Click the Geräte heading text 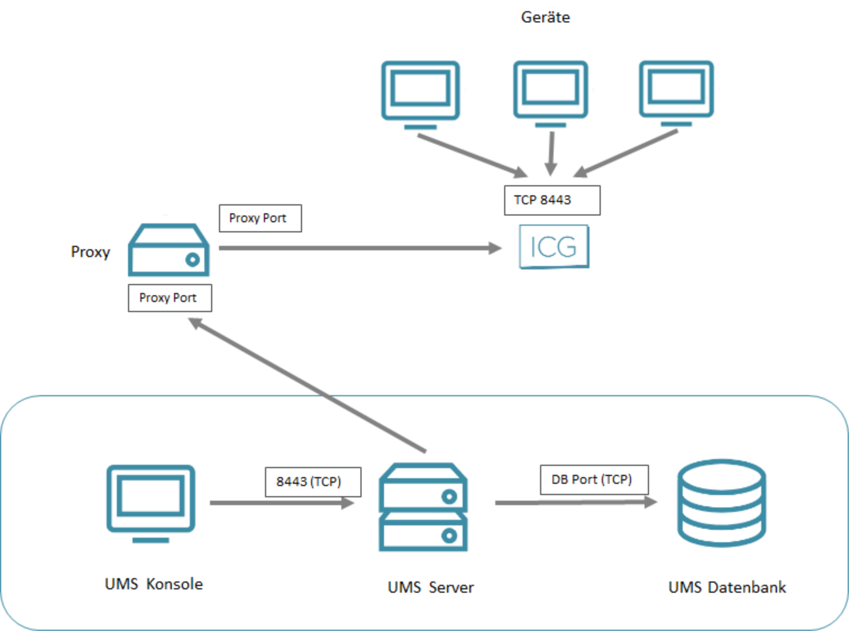(545, 17)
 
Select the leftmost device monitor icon (421, 93)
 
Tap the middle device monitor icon (550, 91)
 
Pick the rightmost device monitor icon (676, 91)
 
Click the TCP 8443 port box (552, 200)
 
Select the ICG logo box (554, 247)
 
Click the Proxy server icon (168, 251)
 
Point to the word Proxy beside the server (90, 252)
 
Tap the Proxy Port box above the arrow (260, 218)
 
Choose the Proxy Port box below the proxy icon (170, 298)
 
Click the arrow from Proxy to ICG (359, 248)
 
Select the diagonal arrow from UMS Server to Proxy (309, 386)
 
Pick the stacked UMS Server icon (423, 507)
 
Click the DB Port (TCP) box (594, 480)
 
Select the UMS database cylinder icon (721, 503)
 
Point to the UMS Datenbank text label (726, 588)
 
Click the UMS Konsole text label (154, 584)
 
